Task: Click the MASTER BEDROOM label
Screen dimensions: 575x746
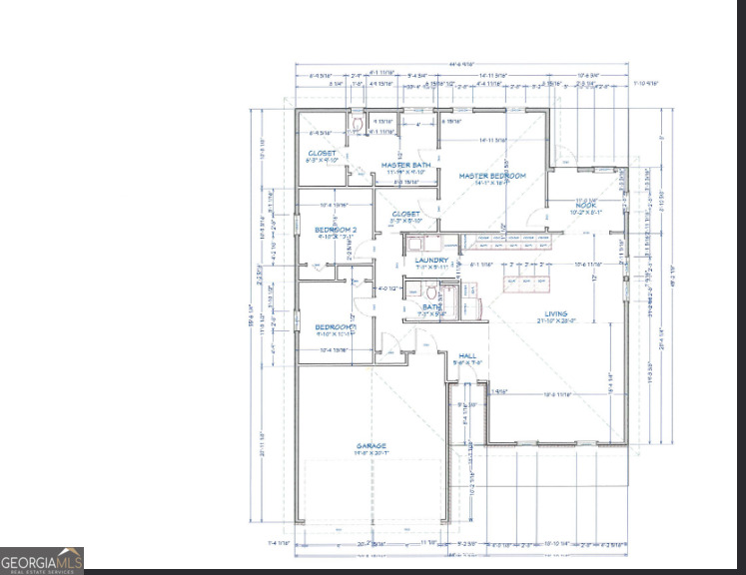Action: tap(491, 176)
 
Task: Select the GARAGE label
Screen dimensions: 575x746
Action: tap(372, 446)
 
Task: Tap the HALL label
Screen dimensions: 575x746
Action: tap(466, 355)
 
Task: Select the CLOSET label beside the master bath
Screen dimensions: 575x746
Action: tap(322, 154)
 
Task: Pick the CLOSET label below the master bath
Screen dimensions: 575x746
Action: tap(405, 214)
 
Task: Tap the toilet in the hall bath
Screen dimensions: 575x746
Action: tap(430, 291)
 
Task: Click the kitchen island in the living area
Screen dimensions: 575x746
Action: tap(528, 276)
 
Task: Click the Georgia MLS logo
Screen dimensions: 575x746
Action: tap(41, 562)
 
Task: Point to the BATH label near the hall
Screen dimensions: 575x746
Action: tap(430, 307)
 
